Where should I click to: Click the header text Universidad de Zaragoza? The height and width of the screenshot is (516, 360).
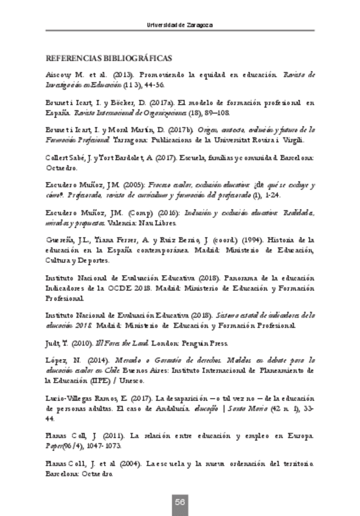click(180, 25)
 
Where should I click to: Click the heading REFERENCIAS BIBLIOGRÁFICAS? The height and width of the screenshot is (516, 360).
click(109, 58)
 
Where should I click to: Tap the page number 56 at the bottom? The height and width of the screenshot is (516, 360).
click(180, 501)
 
